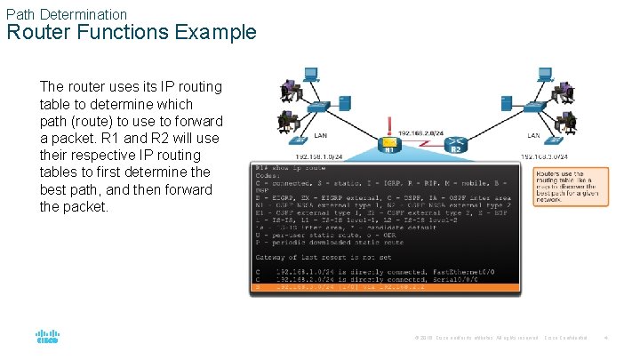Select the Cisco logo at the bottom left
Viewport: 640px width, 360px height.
[47, 338]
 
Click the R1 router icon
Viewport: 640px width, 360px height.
[388, 144]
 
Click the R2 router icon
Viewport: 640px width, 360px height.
[455, 144]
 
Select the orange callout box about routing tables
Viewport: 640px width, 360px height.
[571, 187]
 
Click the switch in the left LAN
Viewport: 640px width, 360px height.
[315, 108]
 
